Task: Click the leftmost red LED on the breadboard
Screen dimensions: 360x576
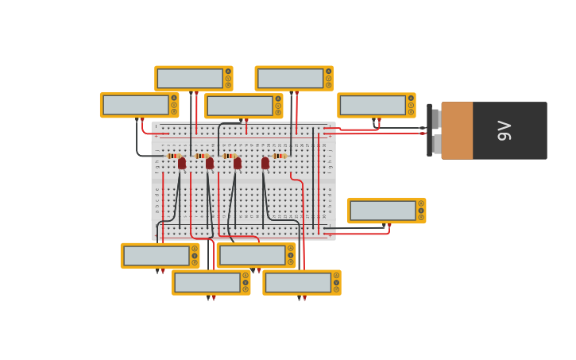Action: click(182, 163)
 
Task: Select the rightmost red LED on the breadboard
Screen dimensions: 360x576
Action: click(265, 163)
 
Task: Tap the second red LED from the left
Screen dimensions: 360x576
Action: click(210, 163)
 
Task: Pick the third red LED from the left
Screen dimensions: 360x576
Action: click(238, 163)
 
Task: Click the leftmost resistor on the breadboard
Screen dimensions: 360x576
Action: click(174, 156)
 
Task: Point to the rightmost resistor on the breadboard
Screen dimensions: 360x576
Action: click(279, 156)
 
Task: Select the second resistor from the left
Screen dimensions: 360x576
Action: click(201, 156)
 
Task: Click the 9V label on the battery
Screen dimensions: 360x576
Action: click(504, 130)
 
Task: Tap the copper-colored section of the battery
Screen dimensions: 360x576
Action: click(457, 130)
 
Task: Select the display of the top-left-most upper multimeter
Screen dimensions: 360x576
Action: click(190, 78)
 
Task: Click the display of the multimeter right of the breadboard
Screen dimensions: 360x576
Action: click(383, 211)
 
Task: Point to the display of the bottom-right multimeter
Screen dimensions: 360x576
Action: click(297, 282)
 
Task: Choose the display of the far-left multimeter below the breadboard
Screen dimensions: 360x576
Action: click(156, 256)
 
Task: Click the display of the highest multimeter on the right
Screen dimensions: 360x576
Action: click(290, 78)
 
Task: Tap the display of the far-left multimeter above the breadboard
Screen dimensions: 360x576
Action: click(135, 105)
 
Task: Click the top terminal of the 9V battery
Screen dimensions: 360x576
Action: click(435, 119)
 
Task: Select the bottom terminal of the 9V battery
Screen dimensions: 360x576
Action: click(435, 144)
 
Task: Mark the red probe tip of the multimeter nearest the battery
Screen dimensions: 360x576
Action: click(379, 121)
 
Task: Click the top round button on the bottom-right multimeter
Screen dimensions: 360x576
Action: click(336, 275)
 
